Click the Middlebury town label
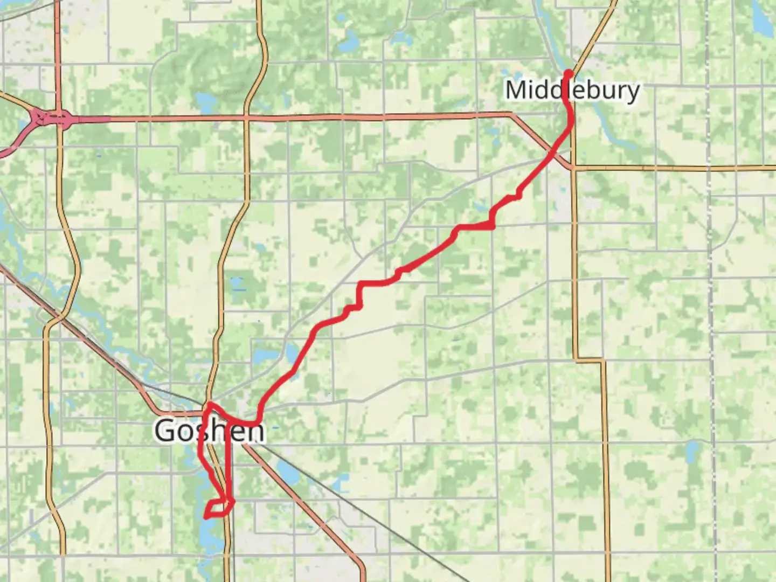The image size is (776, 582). [572, 90]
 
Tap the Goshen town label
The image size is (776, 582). [210, 431]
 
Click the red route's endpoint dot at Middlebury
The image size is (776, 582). [568, 73]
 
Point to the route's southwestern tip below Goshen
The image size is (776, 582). [206, 516]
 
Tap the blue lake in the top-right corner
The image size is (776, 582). [761, 20]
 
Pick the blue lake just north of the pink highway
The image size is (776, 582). [205, 101]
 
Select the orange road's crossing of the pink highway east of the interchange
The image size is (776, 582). [246, 117]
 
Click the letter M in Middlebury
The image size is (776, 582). [517, 90]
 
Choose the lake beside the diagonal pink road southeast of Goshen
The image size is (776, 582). [288, 474]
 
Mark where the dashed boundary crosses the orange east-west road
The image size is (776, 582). [710, 169]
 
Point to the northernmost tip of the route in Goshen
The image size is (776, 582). [210, 403]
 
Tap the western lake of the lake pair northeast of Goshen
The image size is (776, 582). [262, 355]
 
